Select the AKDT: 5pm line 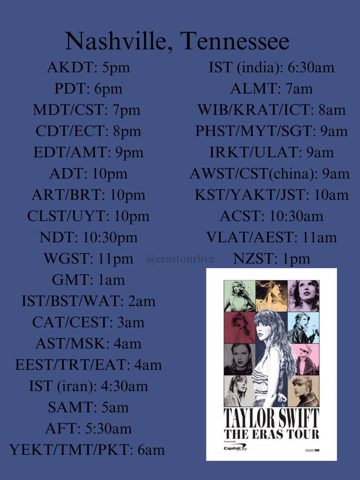click(x=88, y=67)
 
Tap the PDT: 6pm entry click(x=88, y=88)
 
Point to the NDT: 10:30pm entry click(x=88, y=238)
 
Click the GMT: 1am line click(x=88, y=280)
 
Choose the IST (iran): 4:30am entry click(x=88, y=386)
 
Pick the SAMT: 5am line click(x=88, y=408)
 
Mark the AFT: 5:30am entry click(x=88, y=429)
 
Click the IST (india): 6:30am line click(x=271, y=67)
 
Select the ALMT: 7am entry click(x=271, y=88)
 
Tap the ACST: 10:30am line click(x=271, y=216)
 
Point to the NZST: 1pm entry click(x=272, y=259)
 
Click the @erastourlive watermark click(x=180, y=259)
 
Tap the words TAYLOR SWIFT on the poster click(x=271, y=418)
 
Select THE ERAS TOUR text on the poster click(x=271, y=434)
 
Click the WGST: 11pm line click(x=88, y=259)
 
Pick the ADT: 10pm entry click(x=88, y=174)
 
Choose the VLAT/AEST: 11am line click(x=271, y=238)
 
